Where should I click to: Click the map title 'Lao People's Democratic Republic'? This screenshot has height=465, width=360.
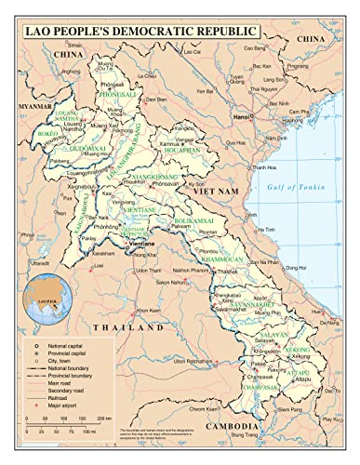179,32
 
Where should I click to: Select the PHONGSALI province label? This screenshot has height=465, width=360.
124,94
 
